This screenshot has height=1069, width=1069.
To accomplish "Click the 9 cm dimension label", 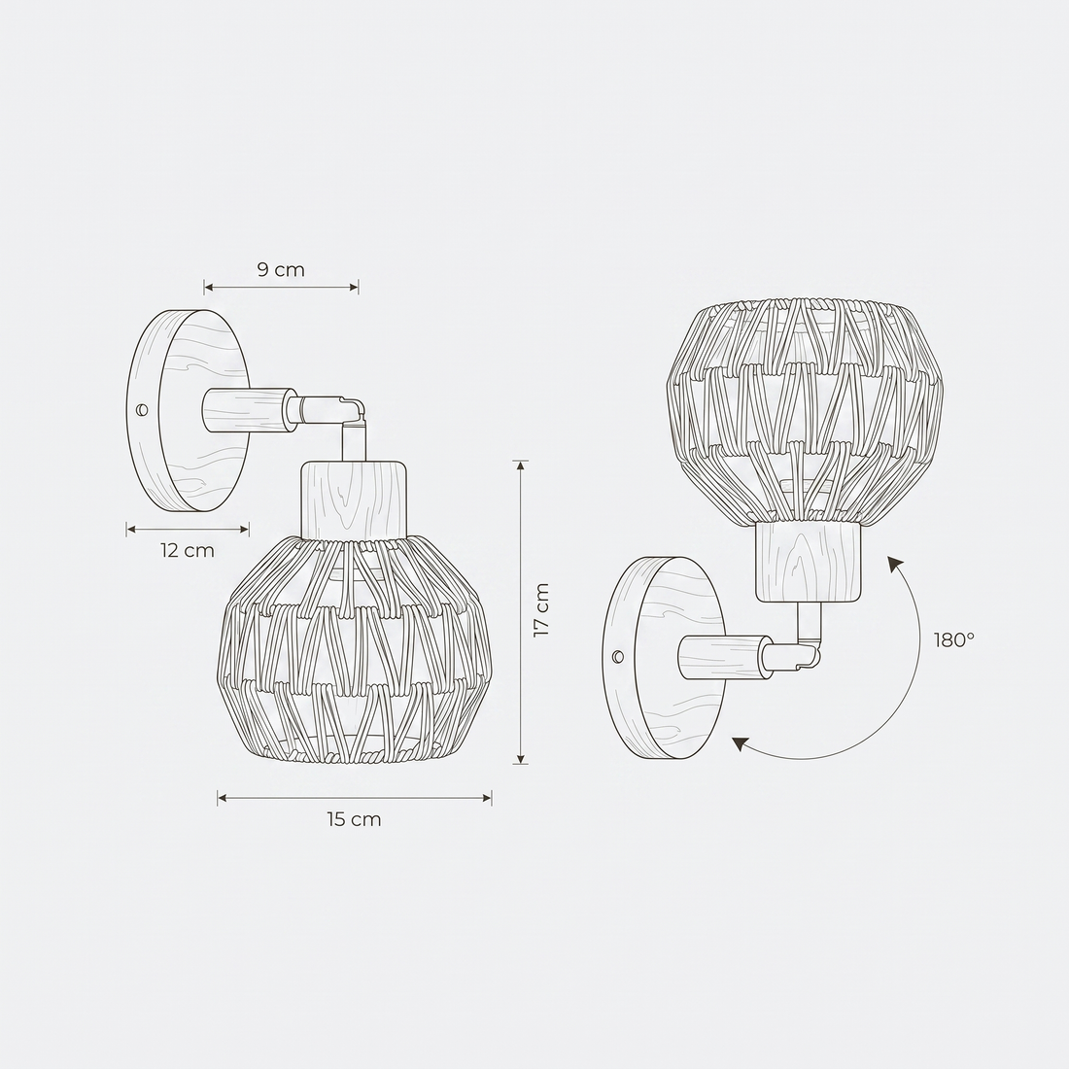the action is (x=281, y=270).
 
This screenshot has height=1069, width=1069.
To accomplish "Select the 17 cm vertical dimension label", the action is (x=540, y=610).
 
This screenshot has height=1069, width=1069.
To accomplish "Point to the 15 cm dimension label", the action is (x=354, y=819).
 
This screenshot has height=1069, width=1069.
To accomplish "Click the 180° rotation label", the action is (x=954, y=639).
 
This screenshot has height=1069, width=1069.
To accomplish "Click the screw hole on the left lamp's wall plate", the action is (x=142, y=410).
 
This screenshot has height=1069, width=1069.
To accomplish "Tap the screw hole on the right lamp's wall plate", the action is (x=618, y=657).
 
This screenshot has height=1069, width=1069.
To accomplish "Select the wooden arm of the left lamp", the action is (x=249, y=410).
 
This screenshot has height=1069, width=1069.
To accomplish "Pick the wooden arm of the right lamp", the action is (x=725, y=657).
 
